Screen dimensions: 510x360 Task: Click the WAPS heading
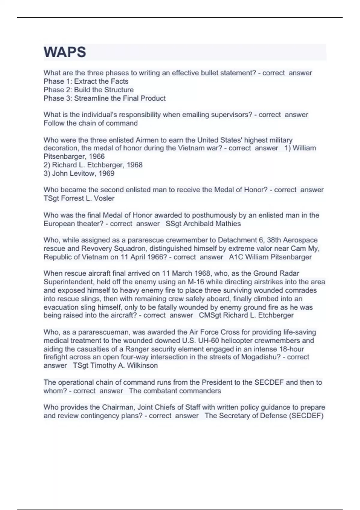pyautogui.click(x=65, y=52)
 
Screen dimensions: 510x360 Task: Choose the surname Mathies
pyautogui.click(x=228, y=224)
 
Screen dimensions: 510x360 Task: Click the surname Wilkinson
pyautogui.click(x=142, y=365)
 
